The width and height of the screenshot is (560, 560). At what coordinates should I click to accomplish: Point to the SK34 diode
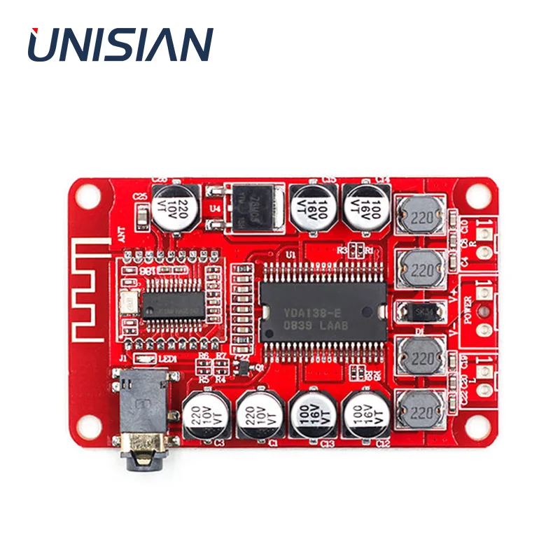tap(421, 311)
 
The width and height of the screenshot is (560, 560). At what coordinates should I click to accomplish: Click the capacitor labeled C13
tap(314, 415)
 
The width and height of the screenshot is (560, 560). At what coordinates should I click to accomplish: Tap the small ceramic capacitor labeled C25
tap(141, 218)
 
